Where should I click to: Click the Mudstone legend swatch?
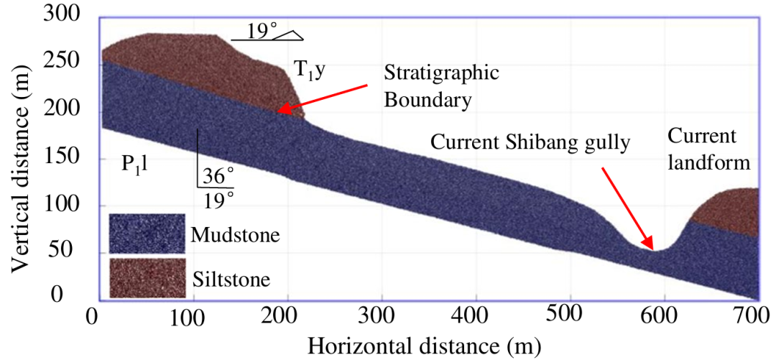click(147, 235)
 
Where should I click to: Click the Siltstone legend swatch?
click(147, 278)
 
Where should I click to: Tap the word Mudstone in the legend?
click(235, 235)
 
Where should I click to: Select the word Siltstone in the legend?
click(231, 280)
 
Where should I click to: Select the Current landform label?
click(706, 149)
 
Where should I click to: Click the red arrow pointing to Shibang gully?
click(627, 208)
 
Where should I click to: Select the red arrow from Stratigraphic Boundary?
click(322, 98)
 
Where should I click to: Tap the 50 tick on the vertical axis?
click(70, 254)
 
